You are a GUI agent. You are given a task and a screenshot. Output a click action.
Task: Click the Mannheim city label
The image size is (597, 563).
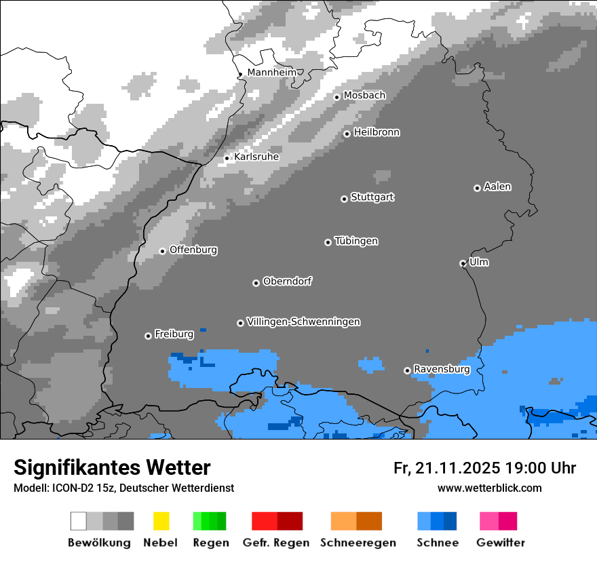[271, 72]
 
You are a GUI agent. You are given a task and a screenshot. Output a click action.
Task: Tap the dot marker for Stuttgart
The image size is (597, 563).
[344, 199]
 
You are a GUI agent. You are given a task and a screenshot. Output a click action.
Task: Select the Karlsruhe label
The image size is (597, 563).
[256, 157]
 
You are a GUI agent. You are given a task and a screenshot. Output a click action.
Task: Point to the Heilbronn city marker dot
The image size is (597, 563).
[347, 134]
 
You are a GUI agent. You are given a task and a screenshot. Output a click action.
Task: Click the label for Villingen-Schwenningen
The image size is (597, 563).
[303, 322]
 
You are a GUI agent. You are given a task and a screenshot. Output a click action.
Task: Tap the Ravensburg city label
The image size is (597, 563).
[442, 369]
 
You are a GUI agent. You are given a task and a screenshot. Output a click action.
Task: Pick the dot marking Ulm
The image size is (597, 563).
[463, 263]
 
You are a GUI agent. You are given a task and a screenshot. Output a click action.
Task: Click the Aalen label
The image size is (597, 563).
[497, 187]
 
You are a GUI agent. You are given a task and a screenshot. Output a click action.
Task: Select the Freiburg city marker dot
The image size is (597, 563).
[148, 336]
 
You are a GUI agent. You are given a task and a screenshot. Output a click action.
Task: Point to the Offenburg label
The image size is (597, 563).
[193, 250]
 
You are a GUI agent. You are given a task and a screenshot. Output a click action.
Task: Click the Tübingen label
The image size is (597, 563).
[356, 241]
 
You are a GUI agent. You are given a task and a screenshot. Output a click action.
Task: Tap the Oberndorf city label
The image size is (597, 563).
[288, 281]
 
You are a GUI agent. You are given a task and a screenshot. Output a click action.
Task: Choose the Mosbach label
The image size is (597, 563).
[364, 96]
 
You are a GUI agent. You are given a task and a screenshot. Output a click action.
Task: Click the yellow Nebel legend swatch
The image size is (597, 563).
[161, 521]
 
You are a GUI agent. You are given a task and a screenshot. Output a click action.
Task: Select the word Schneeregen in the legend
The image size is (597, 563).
[358, 543]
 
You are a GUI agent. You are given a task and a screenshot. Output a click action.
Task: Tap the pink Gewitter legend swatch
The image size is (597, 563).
[488, 521]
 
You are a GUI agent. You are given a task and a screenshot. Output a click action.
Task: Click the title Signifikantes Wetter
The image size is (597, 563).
[112, 467]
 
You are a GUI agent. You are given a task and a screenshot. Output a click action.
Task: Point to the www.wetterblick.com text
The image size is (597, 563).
[489, 488]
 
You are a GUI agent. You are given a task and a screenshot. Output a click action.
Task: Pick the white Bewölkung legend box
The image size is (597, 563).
[78, 521]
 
